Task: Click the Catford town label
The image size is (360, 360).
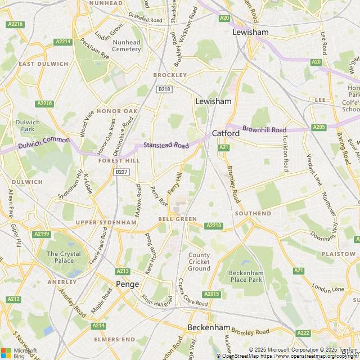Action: (x=226, y=133)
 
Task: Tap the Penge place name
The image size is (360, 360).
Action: (x=127, y=284)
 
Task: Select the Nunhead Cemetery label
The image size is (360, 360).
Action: (x=127, y=46)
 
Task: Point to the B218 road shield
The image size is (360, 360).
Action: (x=164, y=89)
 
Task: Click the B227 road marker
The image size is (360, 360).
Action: (x=121, y=172)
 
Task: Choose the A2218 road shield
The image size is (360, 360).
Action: (x=214, y=226)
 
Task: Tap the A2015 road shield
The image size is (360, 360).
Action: (x=212, y=294)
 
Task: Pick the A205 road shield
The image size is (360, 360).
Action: (x=319, y=127)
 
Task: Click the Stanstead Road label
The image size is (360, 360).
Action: (x=166, y=145)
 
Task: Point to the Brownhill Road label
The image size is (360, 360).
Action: (x=265, y=129)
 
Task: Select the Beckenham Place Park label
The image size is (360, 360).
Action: (x=246, y=276)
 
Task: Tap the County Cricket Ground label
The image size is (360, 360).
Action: (x=199, y=262)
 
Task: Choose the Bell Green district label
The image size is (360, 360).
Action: (x=177, y=219)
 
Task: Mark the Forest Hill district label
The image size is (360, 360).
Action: (x=119, y=160)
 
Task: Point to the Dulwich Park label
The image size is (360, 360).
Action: (x=28, y=125)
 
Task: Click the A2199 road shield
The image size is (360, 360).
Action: (x=42, y=233)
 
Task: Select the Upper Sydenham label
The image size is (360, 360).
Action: (x=106, y=222)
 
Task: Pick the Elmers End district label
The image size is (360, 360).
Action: (x=115, y=339)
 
